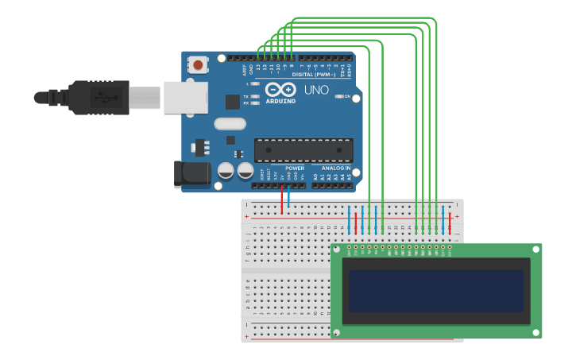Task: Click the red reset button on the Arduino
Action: pos(198,64)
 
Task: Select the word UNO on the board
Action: pos(315,90)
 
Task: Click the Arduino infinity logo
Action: pos(280,90)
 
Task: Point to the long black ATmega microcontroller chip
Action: pos(303,150)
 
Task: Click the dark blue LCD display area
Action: pos(436,291)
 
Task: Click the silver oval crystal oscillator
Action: pos(230,124)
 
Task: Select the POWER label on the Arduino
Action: pos(295,168)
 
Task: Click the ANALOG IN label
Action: pos(336,168)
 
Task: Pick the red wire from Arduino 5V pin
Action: pos(282,200)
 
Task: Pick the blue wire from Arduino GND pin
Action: pos(289,199)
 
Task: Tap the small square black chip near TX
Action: pos(232,102)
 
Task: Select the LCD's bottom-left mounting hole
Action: pos(338,331)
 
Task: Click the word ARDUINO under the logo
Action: pos(280,101)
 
